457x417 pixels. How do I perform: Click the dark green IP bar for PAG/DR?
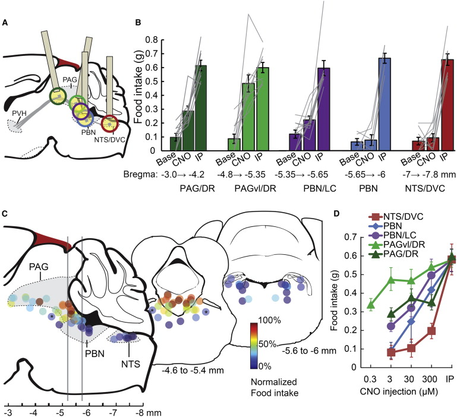point(201,108)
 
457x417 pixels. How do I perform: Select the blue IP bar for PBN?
point(384,104)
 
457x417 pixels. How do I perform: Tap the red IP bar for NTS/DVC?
point(448,105)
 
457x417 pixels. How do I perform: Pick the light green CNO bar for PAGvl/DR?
point(248,117)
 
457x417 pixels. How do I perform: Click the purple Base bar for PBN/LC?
point(295,142)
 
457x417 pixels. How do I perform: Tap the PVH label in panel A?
point(18,113)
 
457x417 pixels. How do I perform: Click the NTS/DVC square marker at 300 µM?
point(431,331)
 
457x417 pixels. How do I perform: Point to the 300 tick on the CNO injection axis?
point(430,379)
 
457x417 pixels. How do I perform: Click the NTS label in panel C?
point(131,364)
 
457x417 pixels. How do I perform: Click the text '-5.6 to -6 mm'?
point(309,350)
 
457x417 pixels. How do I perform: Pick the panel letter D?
point(336,214)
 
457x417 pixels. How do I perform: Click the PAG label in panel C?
point(39,266)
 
